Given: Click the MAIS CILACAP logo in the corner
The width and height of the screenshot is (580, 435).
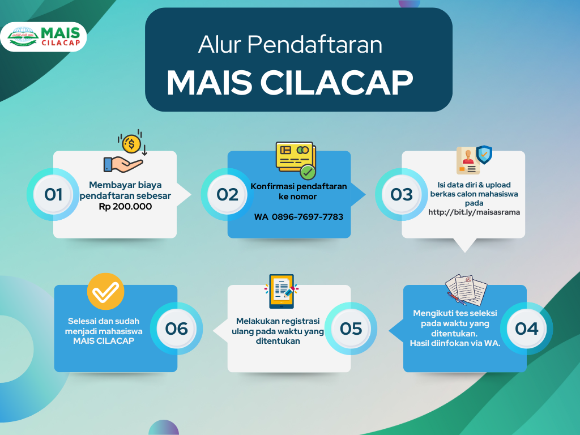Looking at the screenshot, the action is pyautogui.click(x=44, y=37).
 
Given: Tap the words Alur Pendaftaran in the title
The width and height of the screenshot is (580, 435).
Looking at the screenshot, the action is pyautogui.click(x=290, y=44).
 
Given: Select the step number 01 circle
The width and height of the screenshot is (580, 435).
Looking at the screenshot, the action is pyautogui.click(x=53, y=195).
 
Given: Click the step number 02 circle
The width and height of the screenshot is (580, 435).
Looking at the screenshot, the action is pyautogui.click(x=227, y=195).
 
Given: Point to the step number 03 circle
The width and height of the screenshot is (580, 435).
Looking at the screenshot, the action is pyautogui.click(x=402, y=195).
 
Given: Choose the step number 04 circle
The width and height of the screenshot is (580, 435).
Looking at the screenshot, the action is pyautogui.click(x=526, y=329).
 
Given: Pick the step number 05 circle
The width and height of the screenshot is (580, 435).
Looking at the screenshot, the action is pyautogui.click(x=351, y=329).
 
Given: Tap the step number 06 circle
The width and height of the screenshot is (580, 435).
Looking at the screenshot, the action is pyautogui.click(x=177, y=329).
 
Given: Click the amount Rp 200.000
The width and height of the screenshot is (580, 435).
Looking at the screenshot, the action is pyautogui.click(x=125, y=206).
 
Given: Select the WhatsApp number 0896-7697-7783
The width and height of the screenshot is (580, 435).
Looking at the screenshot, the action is pyautogui.click(x=308, y=217).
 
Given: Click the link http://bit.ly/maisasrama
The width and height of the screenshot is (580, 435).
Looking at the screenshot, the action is pyautogui.click(x=474, y=212).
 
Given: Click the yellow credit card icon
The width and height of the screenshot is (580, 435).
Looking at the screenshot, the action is pyautogui.click(x=295, y=157).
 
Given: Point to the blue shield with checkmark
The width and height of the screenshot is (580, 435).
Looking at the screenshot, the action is pyautogui.click(x=484, y=154).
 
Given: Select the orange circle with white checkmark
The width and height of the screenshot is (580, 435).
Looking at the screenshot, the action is pyautogui.click(x=105, y=292).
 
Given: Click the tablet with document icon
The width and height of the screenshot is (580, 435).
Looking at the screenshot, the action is pyautogui.click(x=282, y=292).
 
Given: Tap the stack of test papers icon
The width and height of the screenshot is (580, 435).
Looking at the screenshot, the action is pyautogui.click(x=466, y=289).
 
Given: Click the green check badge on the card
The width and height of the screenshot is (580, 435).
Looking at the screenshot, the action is pyautogui.click(x=308, y=172).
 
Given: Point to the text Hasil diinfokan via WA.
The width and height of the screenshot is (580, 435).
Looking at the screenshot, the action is pyautogui.click(x=455, y=343).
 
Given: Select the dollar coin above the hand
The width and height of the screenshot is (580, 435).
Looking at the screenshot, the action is pyautogui.click(x=131, y=143).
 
